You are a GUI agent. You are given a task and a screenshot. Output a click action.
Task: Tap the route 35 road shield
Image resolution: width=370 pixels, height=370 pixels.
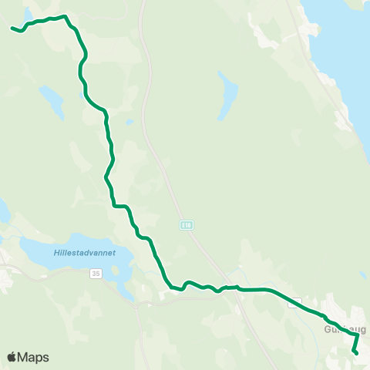[95, 273]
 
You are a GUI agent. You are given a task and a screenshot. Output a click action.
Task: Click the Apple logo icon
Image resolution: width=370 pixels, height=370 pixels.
[12, 357]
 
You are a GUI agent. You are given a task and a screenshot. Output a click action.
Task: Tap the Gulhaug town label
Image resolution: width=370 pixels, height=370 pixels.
[344, 329]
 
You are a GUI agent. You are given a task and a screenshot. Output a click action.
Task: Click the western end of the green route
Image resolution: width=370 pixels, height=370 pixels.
[12, 29]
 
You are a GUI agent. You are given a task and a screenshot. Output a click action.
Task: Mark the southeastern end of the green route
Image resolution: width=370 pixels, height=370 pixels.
[355, 352]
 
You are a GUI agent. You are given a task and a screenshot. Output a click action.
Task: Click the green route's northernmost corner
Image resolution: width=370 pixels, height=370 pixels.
[65, 15]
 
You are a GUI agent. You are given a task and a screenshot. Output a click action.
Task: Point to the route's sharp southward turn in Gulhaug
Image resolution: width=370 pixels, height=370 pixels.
[358, 335]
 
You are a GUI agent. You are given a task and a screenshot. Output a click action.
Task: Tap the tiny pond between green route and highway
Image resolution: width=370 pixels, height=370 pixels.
[129, 121]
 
